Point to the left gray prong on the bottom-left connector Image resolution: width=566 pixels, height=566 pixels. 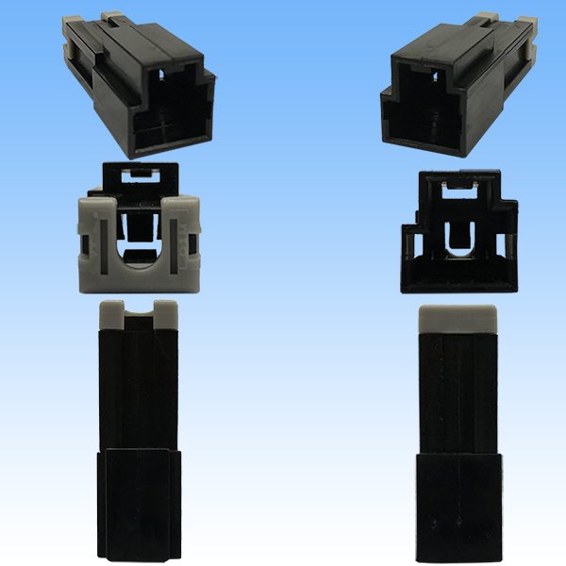[111, 310]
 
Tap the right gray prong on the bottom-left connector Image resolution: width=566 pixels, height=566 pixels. [166, 310]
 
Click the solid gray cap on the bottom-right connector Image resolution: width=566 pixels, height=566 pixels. [457, 318]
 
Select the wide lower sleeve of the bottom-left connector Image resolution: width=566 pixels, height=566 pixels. [139, 500]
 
